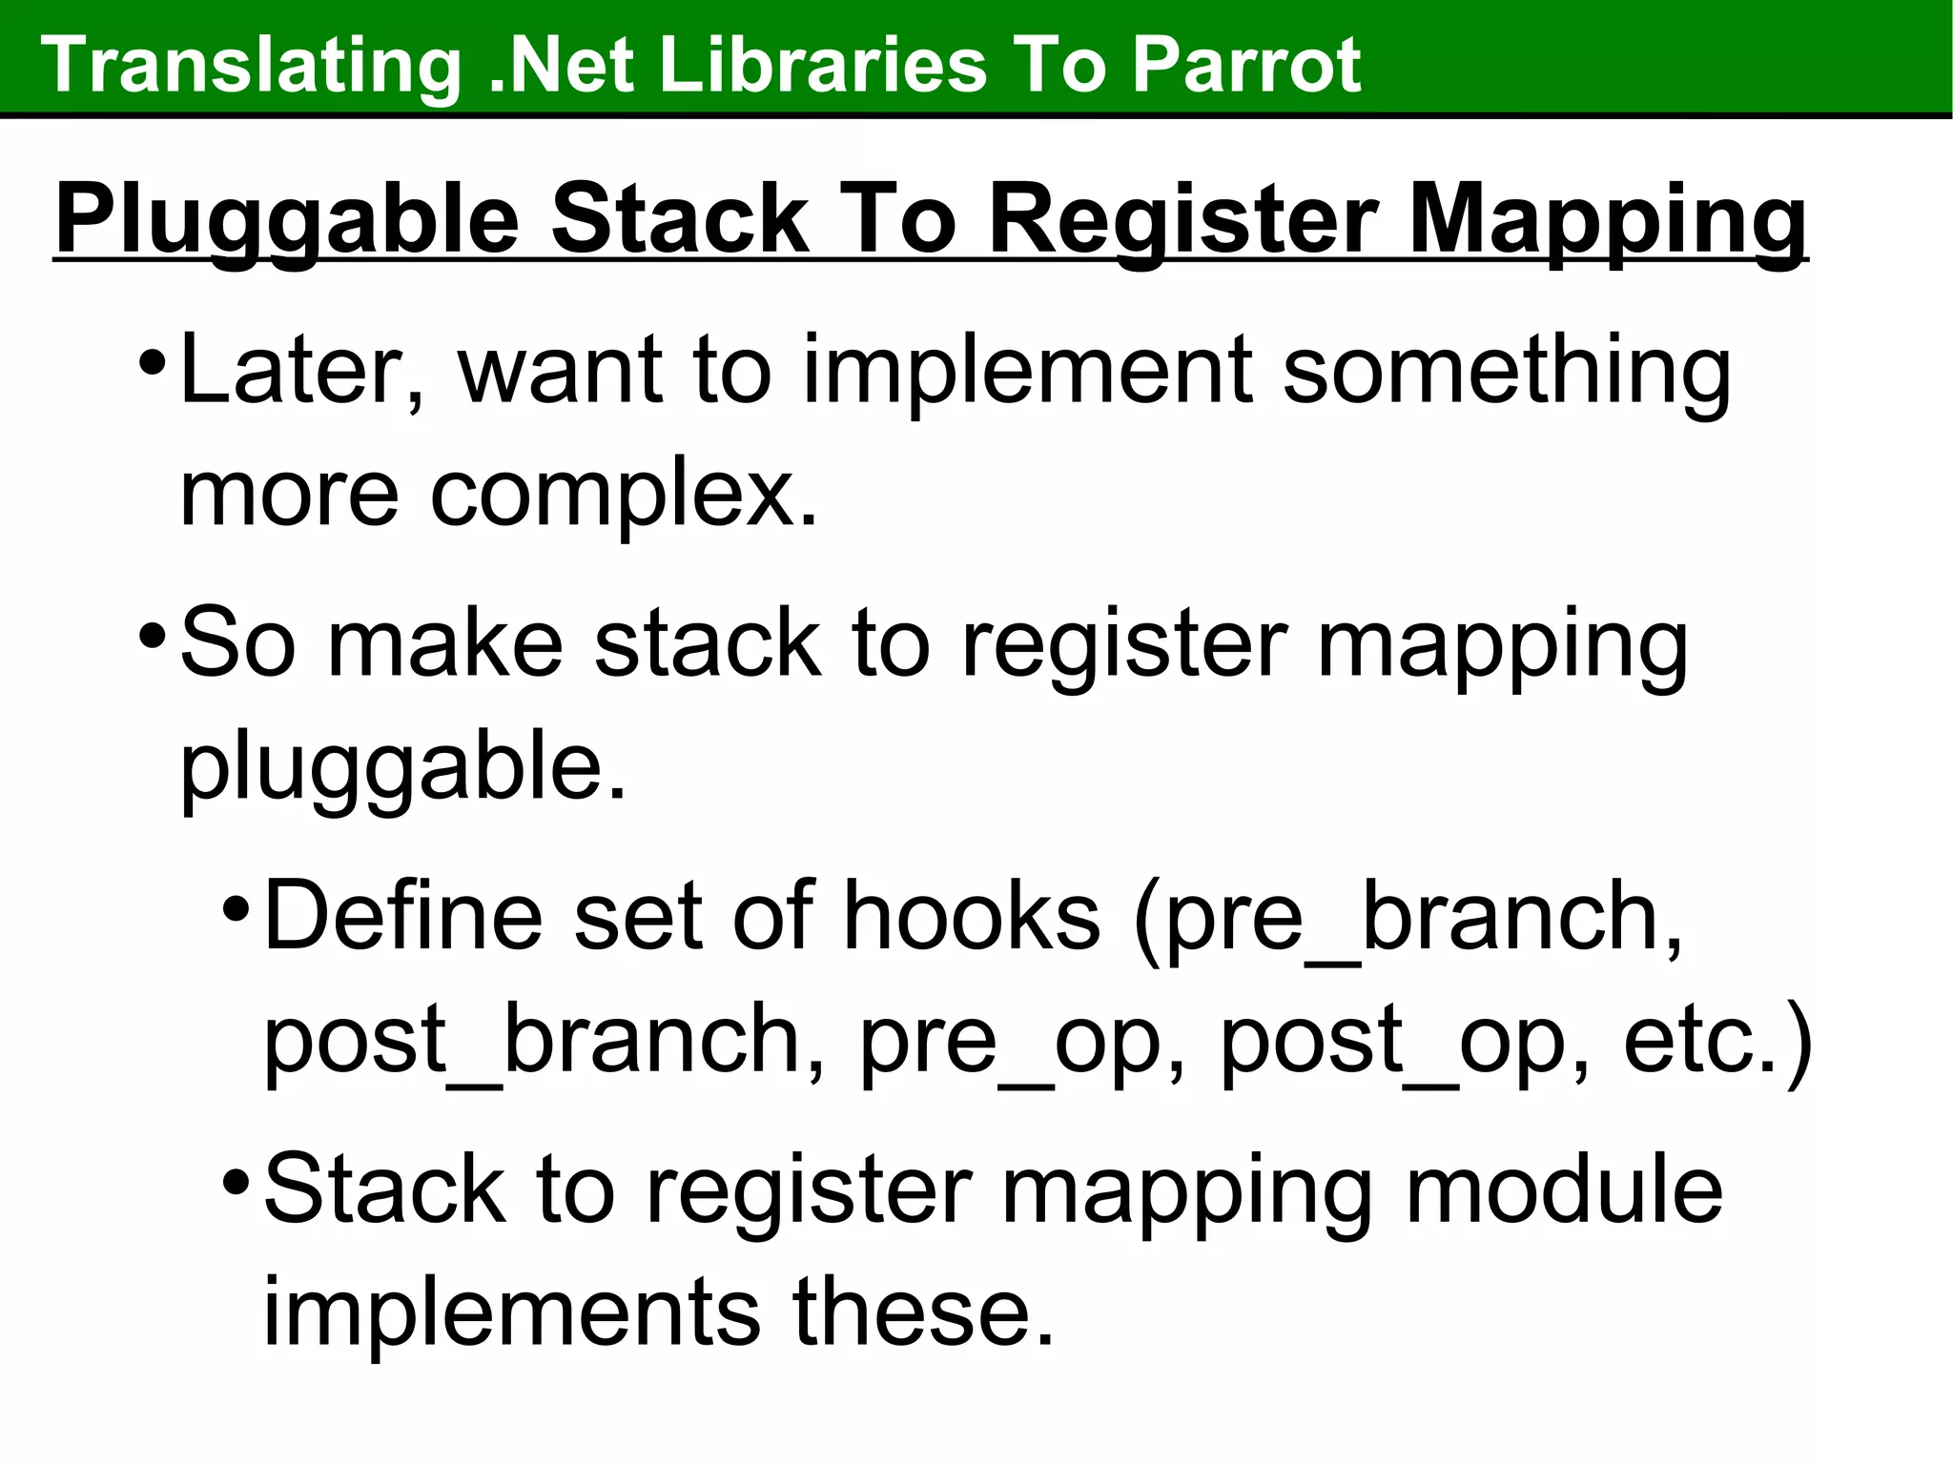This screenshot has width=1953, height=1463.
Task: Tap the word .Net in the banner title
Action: pyautogui.click(x=561, y=65)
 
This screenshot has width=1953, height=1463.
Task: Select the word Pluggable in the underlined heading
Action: pyautogui.click(x=286, y=221)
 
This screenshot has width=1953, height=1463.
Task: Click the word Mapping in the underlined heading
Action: pyautogui.click(x=1607, y=221)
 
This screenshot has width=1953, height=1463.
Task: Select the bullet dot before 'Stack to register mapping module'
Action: pyautogui.click(x=235, y=1183)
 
